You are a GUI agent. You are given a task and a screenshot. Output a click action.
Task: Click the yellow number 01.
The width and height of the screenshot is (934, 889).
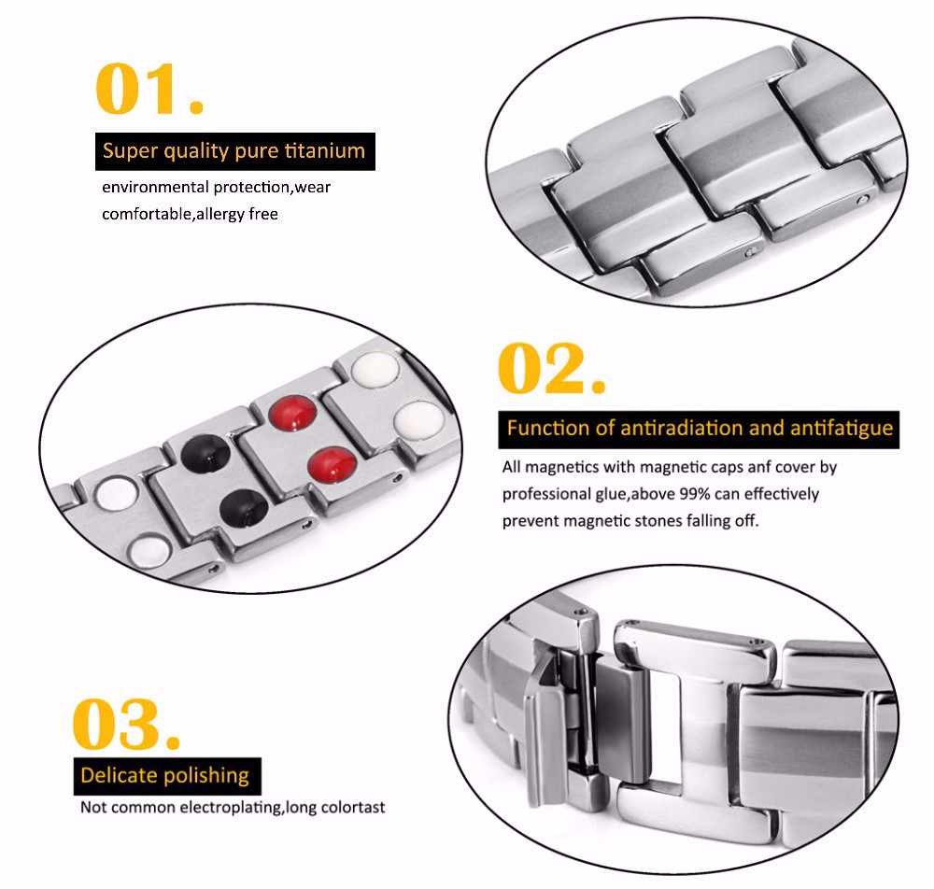tap(149, 89)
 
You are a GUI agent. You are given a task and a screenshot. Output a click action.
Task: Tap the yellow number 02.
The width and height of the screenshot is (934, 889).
tap(552, 368)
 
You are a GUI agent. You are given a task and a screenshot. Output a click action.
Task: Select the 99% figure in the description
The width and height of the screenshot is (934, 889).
tap(695, 494)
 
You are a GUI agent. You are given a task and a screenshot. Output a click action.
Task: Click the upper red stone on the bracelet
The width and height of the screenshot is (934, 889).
tap(291, 413)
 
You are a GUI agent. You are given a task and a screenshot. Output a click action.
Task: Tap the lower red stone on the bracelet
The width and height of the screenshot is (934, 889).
tap(333, 464)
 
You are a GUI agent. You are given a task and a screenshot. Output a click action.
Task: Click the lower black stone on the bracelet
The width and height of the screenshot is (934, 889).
tap(244, 507)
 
